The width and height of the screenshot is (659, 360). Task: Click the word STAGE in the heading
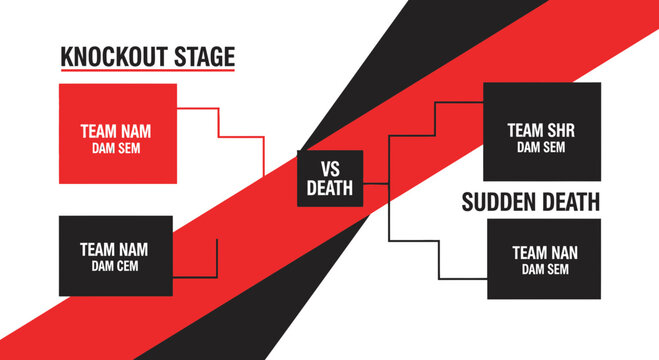point(207,56)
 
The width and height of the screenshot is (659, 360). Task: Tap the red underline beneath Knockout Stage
point(147,71)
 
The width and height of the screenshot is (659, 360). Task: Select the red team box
point(118,133)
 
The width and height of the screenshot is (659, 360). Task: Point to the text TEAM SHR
point(541,130)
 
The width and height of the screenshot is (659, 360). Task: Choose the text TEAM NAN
point(544,253)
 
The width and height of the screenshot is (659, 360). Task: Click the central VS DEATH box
point(329,178)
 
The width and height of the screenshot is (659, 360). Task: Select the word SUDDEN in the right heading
point(498,202)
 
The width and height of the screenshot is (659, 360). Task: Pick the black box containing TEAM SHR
point(541,131)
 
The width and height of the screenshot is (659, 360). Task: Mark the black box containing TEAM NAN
point(544,260)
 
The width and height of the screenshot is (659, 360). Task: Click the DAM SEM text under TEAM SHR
point(541,147)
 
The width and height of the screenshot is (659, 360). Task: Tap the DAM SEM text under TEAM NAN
point(544,270)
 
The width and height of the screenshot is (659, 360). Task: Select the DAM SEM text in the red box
point(118,147)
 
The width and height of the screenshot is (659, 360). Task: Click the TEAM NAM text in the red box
point(118,130)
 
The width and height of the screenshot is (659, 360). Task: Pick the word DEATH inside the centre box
point(329,187)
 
